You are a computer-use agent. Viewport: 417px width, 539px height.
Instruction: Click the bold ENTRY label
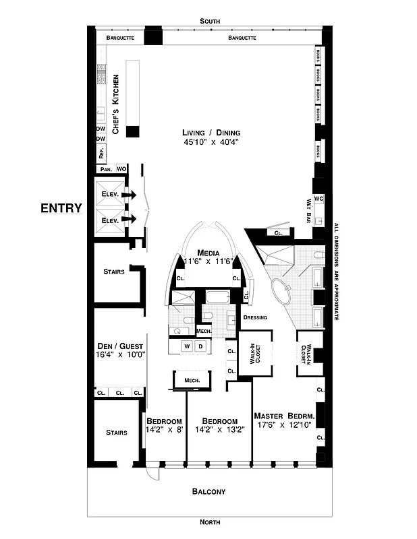click(x=61, y=208)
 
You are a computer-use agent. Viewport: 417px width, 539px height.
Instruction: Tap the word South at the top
click(x=210, y=22)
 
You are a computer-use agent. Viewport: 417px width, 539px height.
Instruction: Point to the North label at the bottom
click(x=210, y=522)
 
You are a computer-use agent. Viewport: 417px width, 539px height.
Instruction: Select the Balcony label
click(x=210, y=492)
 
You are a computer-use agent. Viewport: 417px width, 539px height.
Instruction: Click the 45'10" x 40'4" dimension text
click(x=211, y=142)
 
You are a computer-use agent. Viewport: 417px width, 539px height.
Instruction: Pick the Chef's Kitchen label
click(x=115, y=104)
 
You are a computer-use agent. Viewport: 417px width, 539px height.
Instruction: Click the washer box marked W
click(x=187, y=346)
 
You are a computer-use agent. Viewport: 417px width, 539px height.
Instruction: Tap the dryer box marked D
click(x=200, y=346)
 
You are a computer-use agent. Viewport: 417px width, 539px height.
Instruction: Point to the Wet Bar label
click(x=309, y=211)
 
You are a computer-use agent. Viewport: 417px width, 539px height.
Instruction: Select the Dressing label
click(x=255, y=317)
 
